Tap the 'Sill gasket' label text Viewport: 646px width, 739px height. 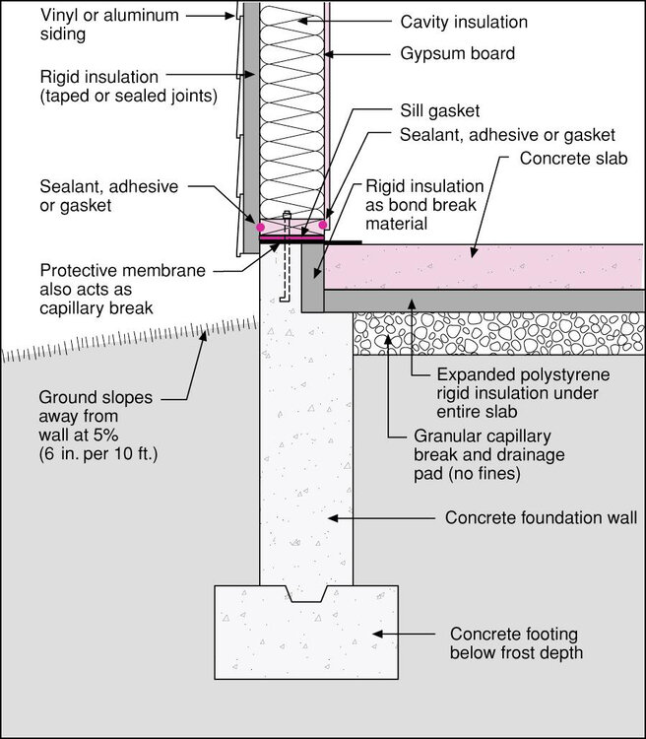tap(440, 114)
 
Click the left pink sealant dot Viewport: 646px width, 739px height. tap(261, 227)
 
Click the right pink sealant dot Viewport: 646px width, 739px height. tap(323, 225)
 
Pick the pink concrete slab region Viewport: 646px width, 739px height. tap(483, 267)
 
